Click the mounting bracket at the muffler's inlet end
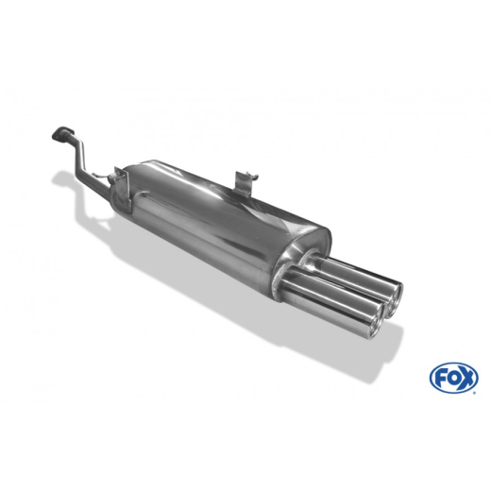[x=117, y=178]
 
